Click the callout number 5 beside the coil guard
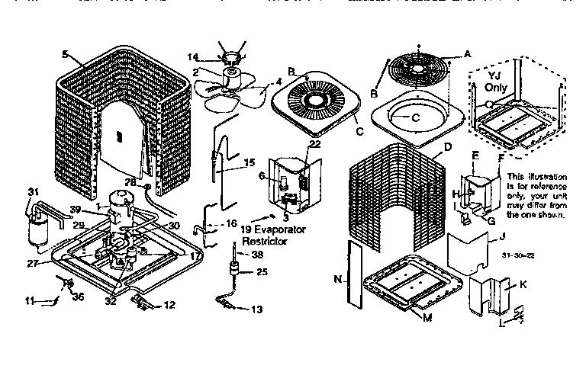(65, 54)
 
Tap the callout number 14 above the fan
(192, 56)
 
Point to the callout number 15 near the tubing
(249, 163)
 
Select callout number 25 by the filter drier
(261, 272)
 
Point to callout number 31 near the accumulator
(32, 191)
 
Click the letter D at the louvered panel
(448, 146)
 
